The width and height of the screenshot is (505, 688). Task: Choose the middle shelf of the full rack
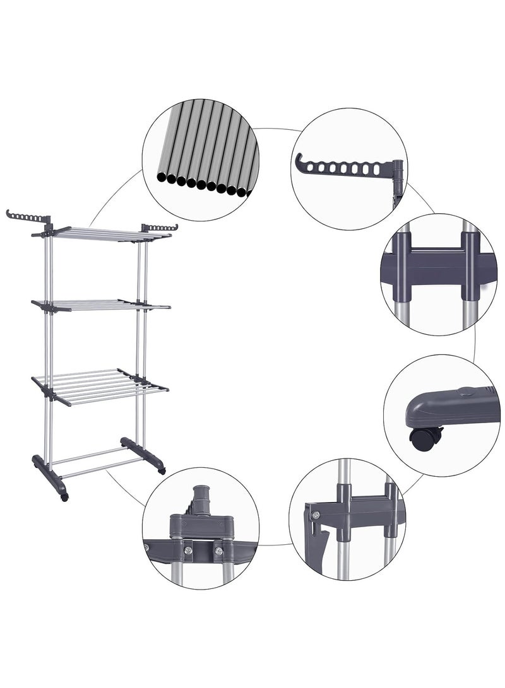(x=101, y=305)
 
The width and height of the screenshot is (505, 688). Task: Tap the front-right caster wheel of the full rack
(x=162, y=470)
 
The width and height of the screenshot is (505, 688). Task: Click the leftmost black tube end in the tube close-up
(x=163, y=179)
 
